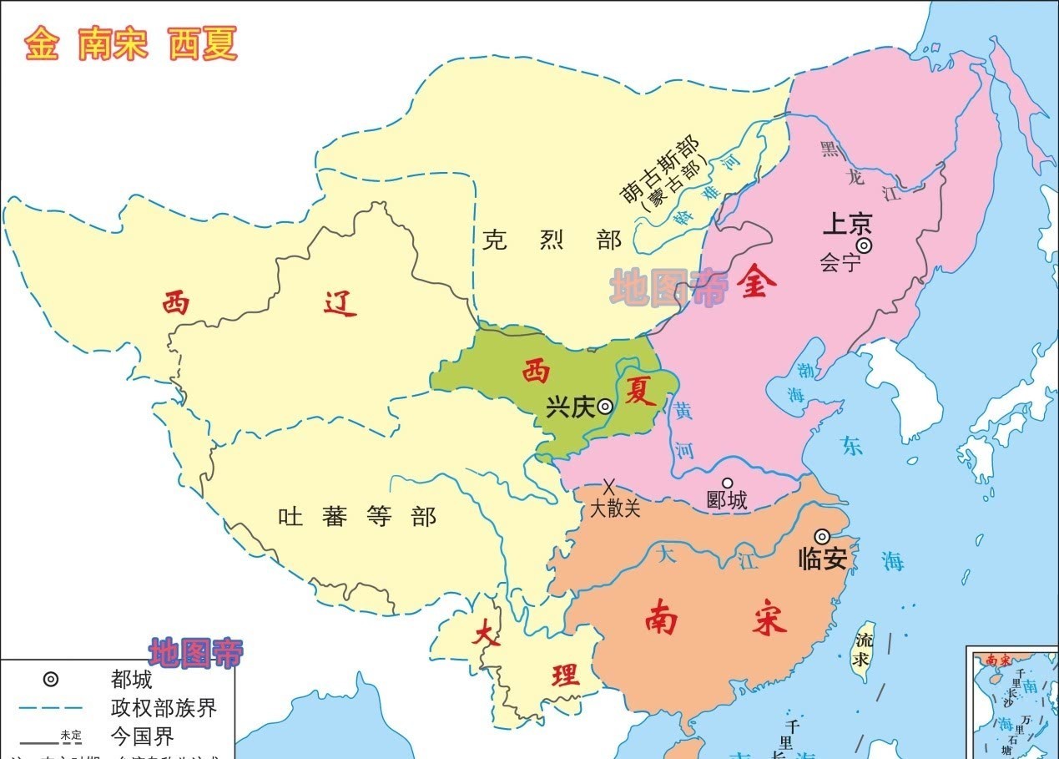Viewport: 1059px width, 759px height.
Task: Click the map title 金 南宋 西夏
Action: coord(131,44)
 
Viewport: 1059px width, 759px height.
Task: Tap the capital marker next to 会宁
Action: coord(865,245)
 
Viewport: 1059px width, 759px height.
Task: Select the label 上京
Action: coord(847,225)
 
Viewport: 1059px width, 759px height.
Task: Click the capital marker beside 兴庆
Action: coord(605,407)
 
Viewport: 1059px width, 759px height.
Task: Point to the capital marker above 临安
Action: coord(823,536)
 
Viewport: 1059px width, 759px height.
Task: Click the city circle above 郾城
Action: coord(727,483)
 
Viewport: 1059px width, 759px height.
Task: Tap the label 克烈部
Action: coord(552,240)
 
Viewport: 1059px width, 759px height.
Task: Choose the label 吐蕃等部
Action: coord(357,517)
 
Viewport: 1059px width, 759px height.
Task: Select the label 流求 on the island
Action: coord(864,650)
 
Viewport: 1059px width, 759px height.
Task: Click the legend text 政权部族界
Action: coord(164,708)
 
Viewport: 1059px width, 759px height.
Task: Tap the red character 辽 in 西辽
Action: coord(340,304)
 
